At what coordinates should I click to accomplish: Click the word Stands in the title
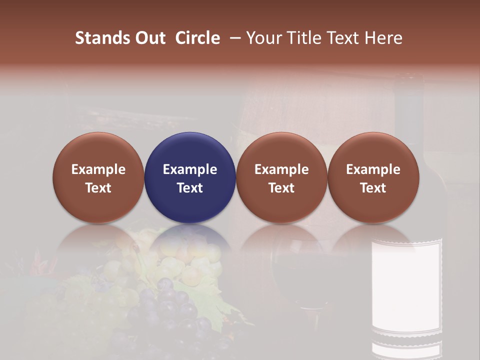coord(100,38)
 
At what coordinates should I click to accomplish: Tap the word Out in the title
coord(148,38)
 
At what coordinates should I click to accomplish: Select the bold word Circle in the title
coord(197,38)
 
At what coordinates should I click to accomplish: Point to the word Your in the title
coord(263,38)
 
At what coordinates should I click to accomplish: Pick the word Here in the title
coord(383,38)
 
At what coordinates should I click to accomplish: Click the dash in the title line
coord(234,38)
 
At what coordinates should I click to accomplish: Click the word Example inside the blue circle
coord(190,169)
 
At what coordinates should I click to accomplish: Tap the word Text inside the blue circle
coord(190,188)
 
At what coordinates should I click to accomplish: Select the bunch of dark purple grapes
coord(170,310)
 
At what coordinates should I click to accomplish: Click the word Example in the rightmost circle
coord(373,169)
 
